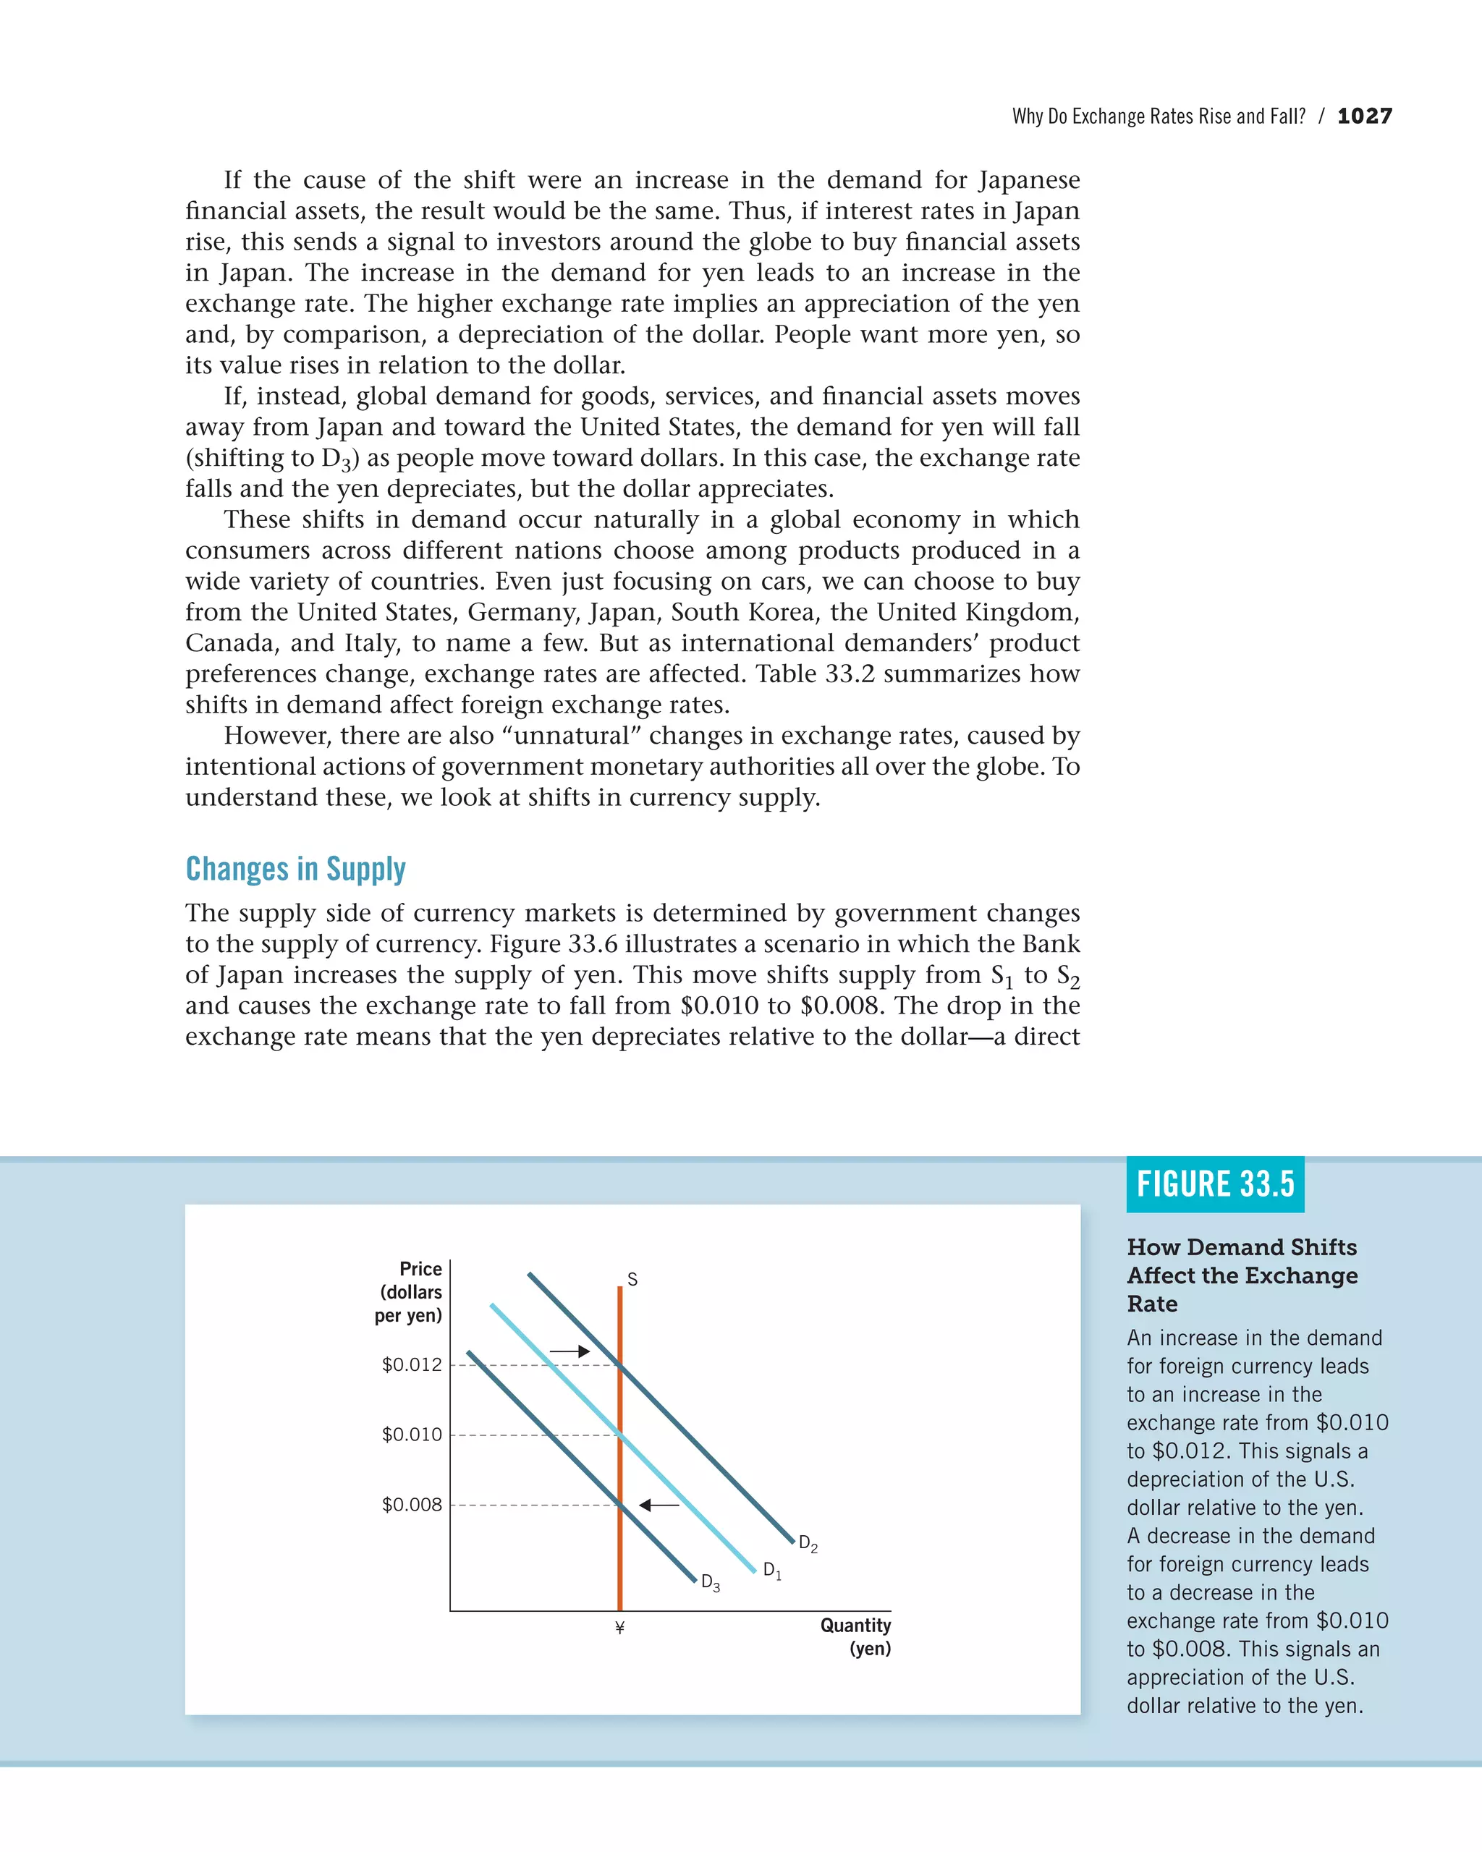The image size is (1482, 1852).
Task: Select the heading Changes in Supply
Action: pos(295,870)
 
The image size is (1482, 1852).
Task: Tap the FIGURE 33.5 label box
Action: pos(1215,1184)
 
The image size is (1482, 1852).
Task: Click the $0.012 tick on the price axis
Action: pos(412,1365)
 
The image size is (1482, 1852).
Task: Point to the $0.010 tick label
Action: pos(412,1435)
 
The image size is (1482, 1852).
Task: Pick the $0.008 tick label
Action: pos(412,1505)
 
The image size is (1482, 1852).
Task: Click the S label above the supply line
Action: pos(632,1280)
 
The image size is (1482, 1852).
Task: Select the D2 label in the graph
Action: pos(808,1544)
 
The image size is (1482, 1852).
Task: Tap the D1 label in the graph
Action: pos(771,1571)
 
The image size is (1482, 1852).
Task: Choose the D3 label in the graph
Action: pos(711,1582)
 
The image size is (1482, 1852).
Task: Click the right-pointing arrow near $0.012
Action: pos(569,1351)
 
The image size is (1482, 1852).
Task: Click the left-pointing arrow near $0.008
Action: pos(659,1505)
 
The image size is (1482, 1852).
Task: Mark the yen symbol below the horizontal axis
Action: pos(619,1628)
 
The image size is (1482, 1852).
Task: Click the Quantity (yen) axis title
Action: pos(855,1636)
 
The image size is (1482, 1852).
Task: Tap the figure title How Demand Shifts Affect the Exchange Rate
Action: pos(1242,1275)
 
